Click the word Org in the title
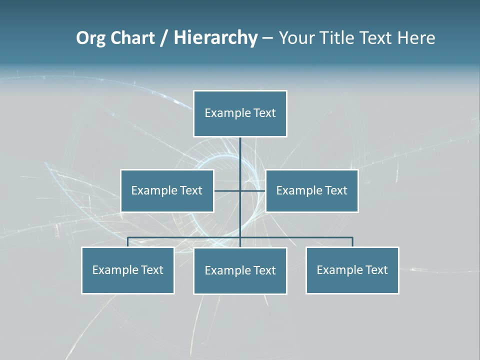click(x=91, y=38)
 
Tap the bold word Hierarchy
click(x=215, y=38)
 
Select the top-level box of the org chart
click(x=240, y=113)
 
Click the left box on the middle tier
click(x=167, y=190)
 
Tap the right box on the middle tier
click(x=312, y=190)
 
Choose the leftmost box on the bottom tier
click(x=127, y=270)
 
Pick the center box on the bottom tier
click(x=240, y=270)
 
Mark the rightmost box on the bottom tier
click(x=352, y=270)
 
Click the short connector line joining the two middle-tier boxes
click(x=227, y=190)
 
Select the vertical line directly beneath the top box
click(x=240, y=155)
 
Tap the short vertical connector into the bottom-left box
click(x=127, y=242)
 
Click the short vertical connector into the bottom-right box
click(x=352, y=242)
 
